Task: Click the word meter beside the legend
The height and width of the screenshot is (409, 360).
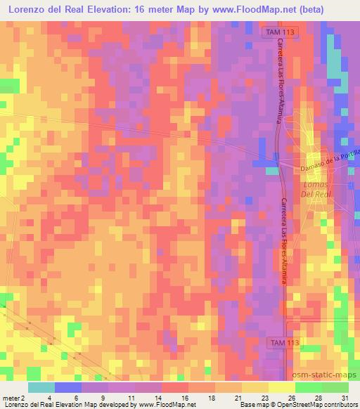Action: click(11, 398)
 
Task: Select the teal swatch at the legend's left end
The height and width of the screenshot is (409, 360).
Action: click(41, 387)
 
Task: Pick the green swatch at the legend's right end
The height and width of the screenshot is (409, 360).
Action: click(335, 387)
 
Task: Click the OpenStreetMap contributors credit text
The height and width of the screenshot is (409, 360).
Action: click(320, 405)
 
